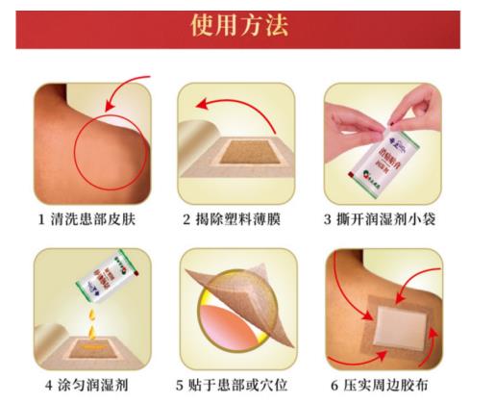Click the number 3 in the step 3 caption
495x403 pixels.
point(331,219)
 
